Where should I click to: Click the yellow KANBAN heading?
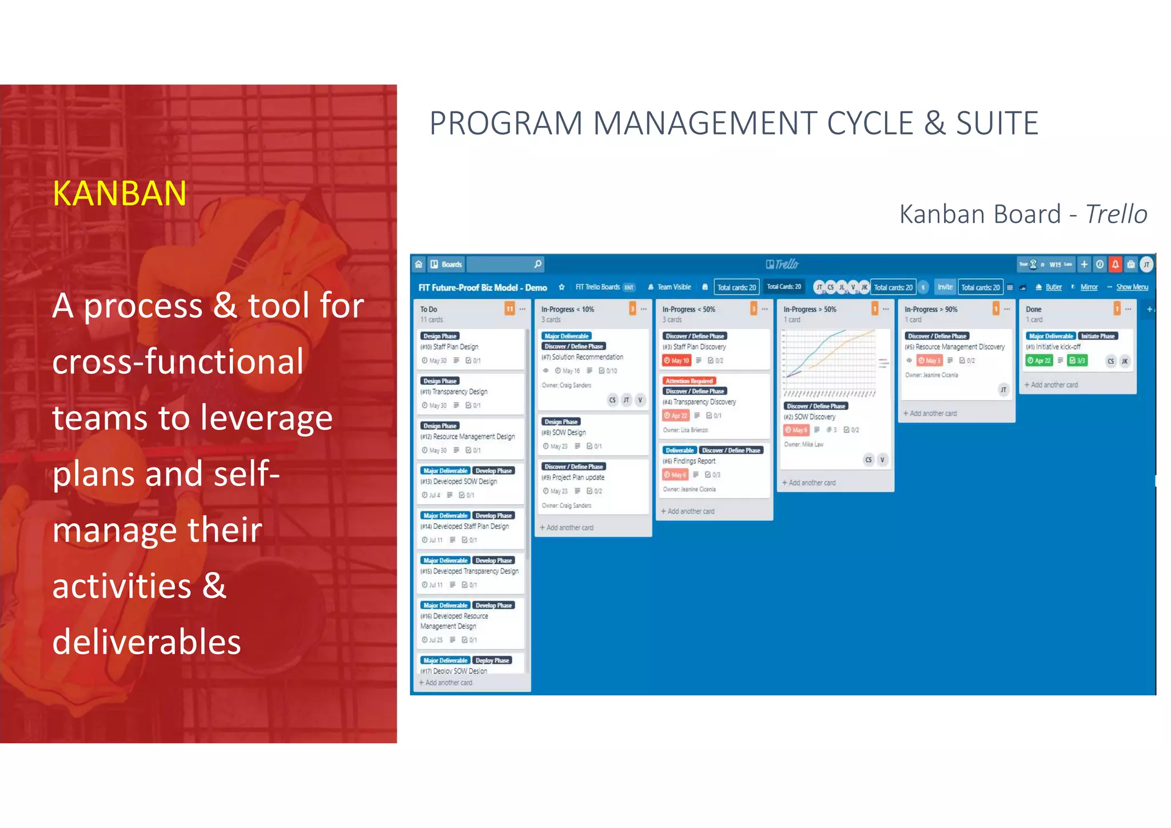pyautogui.click(x=120, y=194)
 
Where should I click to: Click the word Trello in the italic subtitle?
pyautogui.click(x=1116, y=214)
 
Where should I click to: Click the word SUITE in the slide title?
pyautogui.click(x=997, y=124)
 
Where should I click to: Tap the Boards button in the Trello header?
pyautogui.click(x=447, y=264)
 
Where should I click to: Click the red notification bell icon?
pyautogui.click(x=1115, y=264)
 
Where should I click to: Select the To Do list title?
pyautogui.click(x=429, y=309)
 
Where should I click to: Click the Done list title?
pyautogui.click(x=1033, y=309)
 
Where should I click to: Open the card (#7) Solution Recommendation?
pyautogui.click(x=587, y=357)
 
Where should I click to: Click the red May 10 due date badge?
pyautogui.click(x=676, y=361)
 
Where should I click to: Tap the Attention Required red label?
pyautogui.click(x=689, y=381)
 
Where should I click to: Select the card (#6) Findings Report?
pyautogui.click(x=694, y=461)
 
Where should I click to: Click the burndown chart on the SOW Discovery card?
pyautogui.click(x=829, y=363)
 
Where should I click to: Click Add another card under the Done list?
pyautogui.click(x=1054, y=385)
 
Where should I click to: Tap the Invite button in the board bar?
pyautogui.click(x=945, y=287)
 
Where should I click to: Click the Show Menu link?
pyautogui.click(x=1132, y=287)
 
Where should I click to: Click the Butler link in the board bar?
pyautogui.click(x=1053, y=287)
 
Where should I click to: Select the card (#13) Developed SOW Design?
pyautogui.click(x=464, y=482)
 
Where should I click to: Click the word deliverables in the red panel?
pyautogui.click(x=146, y=642)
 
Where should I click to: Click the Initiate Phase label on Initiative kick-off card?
pyautogui.click(x=1098, y=336)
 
